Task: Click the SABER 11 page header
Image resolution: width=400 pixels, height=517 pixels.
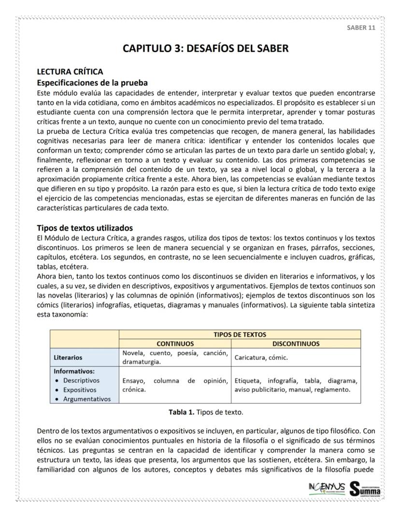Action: click(361, 27)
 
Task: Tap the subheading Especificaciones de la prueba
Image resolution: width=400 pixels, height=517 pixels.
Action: click(92, 82)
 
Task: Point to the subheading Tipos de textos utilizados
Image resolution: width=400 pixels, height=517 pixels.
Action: click(85, 228)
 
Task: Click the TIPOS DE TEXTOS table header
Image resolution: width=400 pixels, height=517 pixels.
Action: click(240, 334)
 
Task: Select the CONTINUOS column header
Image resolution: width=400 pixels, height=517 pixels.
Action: click(175, 343)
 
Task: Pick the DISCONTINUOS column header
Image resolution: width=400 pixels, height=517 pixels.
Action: click(296, 343)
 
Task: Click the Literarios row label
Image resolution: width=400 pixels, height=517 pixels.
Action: click(69, 358)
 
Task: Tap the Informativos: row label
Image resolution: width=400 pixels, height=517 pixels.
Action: click(74, 372)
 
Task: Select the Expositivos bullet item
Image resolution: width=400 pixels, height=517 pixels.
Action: click(79, 390)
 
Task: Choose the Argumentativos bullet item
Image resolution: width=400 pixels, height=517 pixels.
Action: click(86, 399)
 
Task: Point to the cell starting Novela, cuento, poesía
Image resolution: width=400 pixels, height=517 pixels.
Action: click(175, 357)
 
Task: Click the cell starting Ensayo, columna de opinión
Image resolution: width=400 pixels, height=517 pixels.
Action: click(175, 385)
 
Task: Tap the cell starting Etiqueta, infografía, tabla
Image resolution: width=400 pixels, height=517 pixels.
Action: click(296, 385)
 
